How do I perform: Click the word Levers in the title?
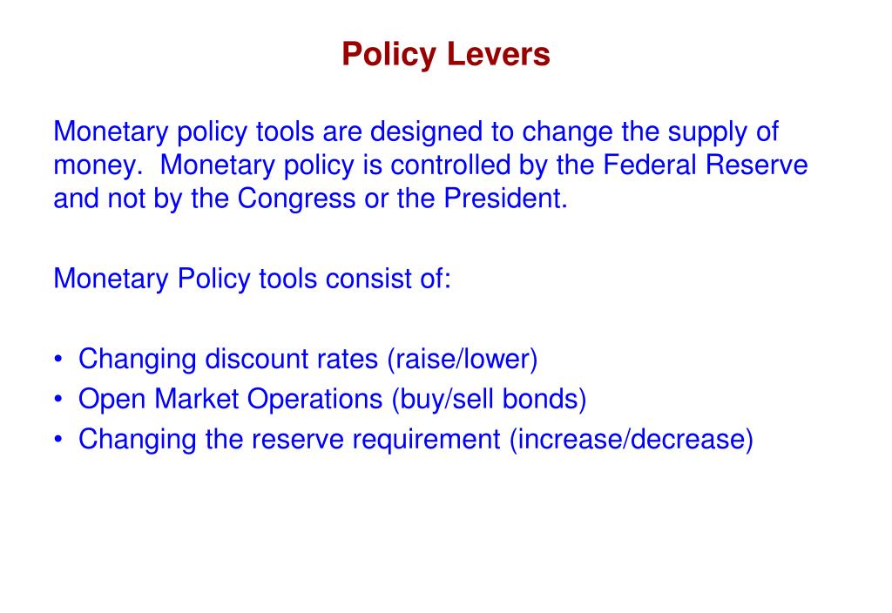coord(499,55)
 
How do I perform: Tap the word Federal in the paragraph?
coord(652,165)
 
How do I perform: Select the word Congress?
coord(299,199)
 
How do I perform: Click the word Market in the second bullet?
coord(197,399)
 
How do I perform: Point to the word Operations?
coord(314,399)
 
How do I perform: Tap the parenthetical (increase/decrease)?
coord(631,439)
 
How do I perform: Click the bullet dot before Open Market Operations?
coord(58,400)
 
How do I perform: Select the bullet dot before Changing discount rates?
coord(58,360)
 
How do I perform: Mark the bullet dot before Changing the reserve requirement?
coord(58,440)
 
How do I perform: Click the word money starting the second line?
coord(95,165)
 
